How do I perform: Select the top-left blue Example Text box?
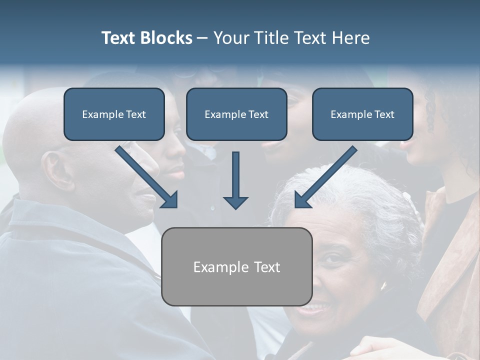point(114,114)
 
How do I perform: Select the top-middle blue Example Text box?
point(236,114)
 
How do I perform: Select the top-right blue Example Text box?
point(362,114)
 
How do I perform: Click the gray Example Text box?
point(236,266)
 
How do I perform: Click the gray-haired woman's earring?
point(383,286)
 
